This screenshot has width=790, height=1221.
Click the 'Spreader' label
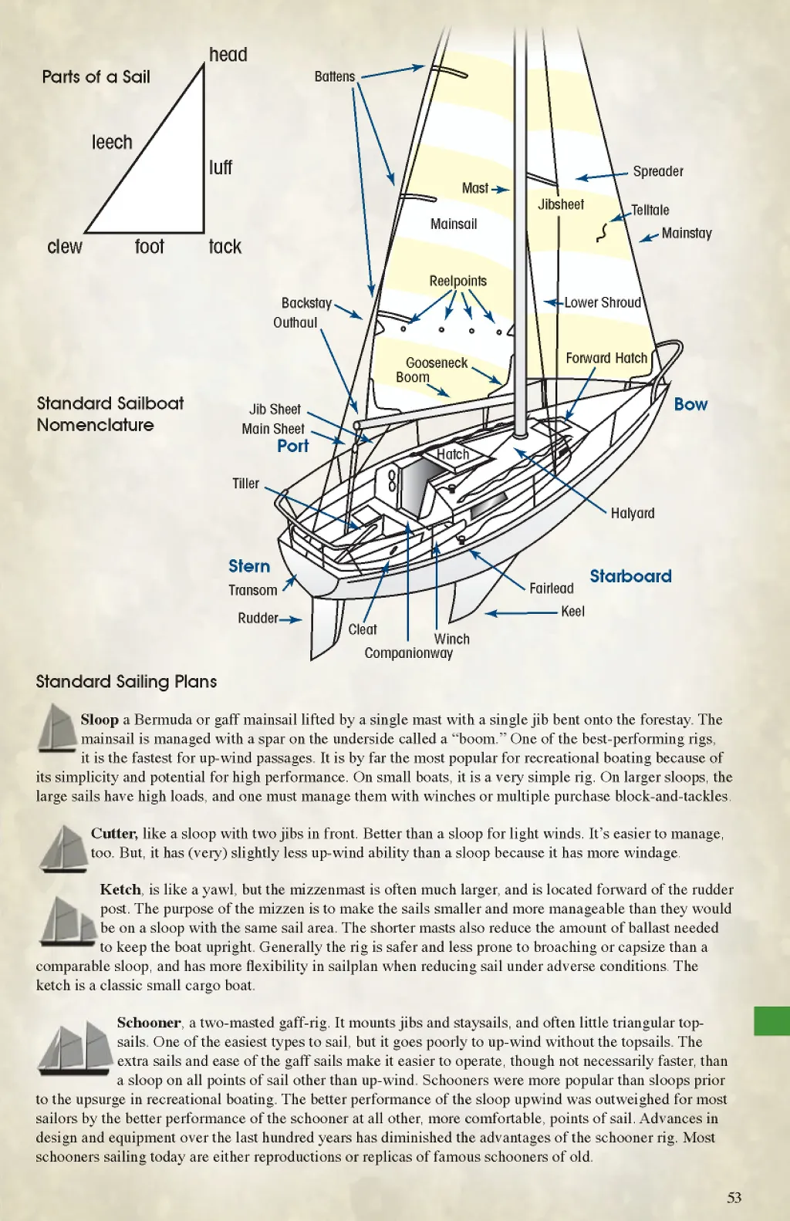click(657, 171)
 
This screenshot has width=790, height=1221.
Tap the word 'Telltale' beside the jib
click(650, 210)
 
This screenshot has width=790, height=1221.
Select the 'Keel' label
click(572, 611)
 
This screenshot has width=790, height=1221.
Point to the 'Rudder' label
click(258, 618)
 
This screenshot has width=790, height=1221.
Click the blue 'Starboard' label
click(630, 576)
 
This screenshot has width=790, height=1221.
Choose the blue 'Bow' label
click(690, 404)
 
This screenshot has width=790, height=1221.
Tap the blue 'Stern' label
click(249, 566)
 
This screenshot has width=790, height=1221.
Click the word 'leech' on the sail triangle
click(112, 143)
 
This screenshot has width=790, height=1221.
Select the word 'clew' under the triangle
click(65, 247)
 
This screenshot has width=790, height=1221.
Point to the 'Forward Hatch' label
click(606, 358)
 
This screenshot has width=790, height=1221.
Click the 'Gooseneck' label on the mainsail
click(437, 363)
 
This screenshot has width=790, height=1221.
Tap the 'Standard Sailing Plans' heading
click(126, 681)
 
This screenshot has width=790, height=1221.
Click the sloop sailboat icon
click(56, 728)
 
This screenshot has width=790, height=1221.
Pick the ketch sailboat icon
click(66, 921)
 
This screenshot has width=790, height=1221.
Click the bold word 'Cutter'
click(113, 833)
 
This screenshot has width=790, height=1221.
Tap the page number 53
click(734, 1197)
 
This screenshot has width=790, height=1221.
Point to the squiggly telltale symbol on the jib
click(603, 232)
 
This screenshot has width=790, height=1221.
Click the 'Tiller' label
click(245, 484)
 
